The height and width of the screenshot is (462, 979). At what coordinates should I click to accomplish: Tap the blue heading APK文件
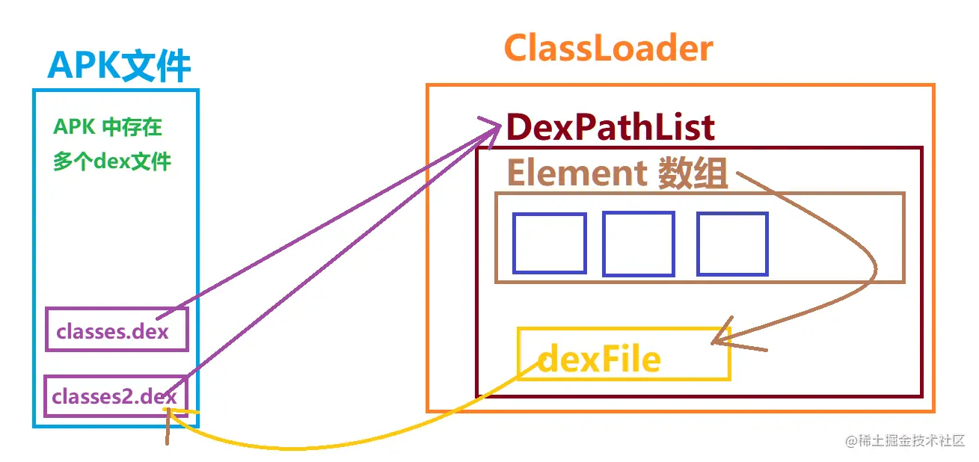[x=119, y=67]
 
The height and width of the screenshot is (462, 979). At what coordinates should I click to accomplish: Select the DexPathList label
[x=610, y=128]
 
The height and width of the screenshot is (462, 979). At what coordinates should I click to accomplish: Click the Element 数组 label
[x=617, y=174]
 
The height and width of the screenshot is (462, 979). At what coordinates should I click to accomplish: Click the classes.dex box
[x=116, y=329]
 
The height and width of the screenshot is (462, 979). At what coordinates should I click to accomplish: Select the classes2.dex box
[x=115, y=396]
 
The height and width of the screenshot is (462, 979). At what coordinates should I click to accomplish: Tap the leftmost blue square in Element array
[x=549, y=244]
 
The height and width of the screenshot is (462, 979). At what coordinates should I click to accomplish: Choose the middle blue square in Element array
[x=639, y=244]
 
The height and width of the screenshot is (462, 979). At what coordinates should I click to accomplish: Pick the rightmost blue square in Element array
[x=732, y=244]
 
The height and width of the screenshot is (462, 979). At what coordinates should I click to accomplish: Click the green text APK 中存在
[x=108, y=127]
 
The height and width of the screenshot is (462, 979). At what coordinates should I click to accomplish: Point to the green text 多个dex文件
[x=112, y=161]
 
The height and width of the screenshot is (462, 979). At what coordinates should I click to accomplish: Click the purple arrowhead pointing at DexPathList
[x=491, y=126]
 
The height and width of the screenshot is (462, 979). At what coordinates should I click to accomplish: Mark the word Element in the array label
[x=577, y=174]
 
